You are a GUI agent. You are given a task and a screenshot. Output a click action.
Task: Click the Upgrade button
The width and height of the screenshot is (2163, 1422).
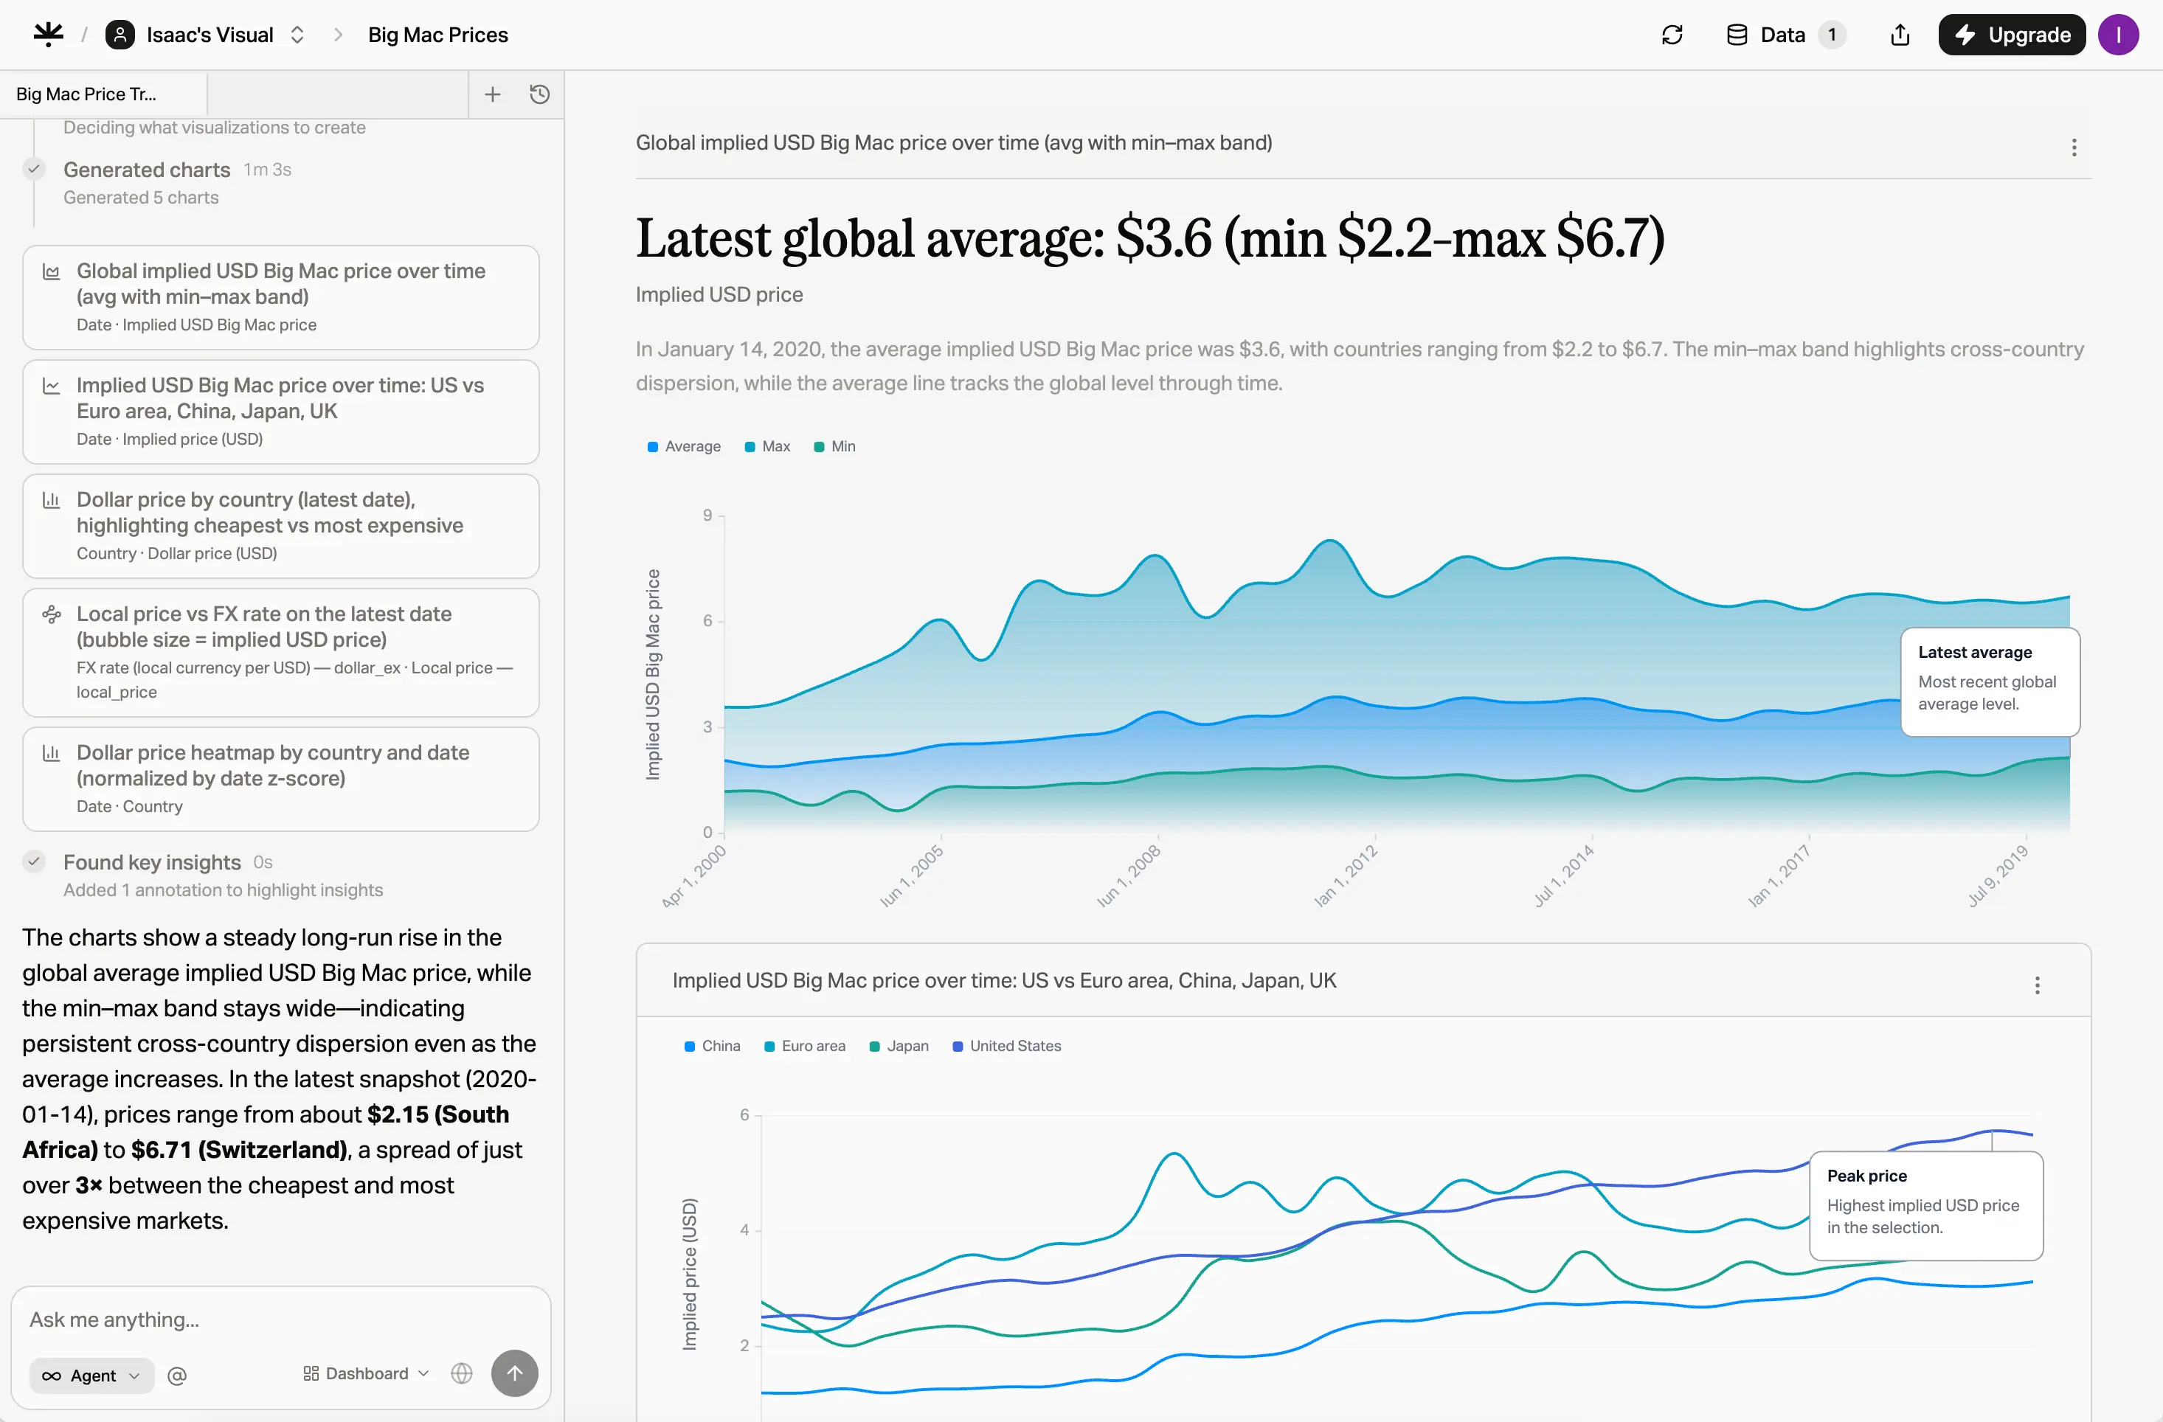(2011, 35)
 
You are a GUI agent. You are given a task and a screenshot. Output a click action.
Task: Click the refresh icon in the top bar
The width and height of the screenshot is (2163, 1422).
(1672, 35)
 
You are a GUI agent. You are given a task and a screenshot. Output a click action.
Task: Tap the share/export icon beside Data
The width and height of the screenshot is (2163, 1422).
(1900, 35)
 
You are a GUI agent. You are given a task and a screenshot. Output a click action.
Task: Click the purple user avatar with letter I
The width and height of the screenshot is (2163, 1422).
(2119, 35)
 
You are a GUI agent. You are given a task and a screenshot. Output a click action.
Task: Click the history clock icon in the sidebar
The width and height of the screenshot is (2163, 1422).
(540, 94)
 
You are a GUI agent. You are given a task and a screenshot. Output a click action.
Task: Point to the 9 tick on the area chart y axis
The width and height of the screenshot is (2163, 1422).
(707, 516)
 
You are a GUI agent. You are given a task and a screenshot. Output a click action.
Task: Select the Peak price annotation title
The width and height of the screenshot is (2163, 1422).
(1866, 1176)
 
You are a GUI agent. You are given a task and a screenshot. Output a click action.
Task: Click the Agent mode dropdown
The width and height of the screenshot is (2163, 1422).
(91, 1375)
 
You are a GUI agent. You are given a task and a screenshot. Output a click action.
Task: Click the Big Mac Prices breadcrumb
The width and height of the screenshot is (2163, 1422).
(438, 35)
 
